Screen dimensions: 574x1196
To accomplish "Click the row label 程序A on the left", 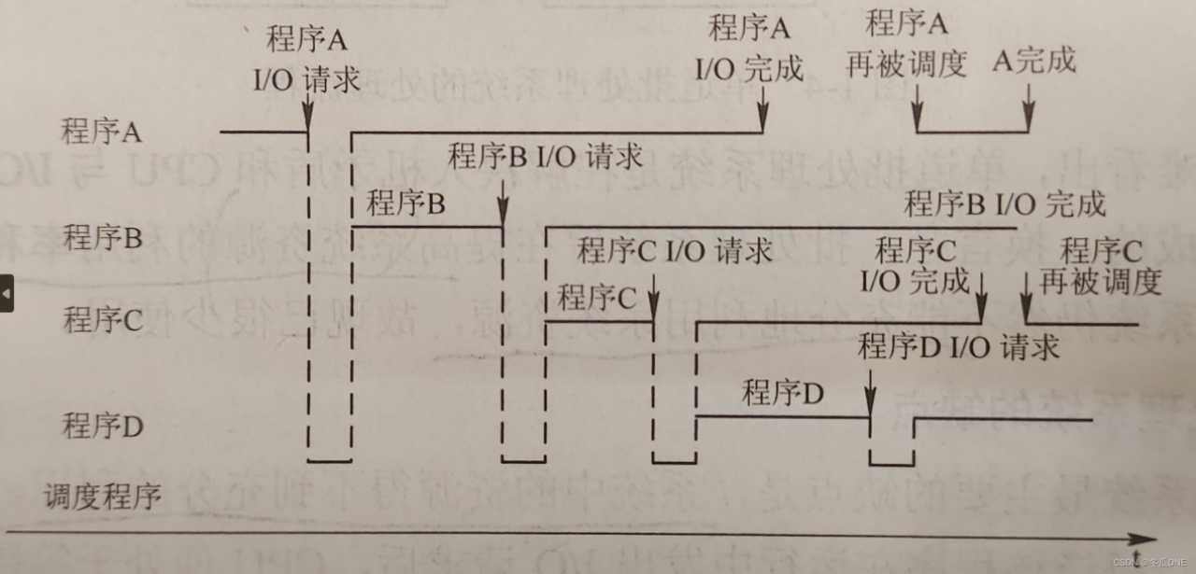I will tap(101, 132).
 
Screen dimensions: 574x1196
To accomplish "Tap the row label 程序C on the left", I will tap(102, 321).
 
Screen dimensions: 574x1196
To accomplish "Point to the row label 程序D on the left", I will tap(102, 427).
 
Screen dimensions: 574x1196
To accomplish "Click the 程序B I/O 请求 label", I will tap(546, 156).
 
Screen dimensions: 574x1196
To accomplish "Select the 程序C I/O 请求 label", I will tap(674, 250).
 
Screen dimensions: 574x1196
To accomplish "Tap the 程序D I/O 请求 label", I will tap(959, 347).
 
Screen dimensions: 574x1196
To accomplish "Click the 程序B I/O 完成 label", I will tap(1004, 203).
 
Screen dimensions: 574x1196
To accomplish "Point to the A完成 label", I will tap(1033, 62).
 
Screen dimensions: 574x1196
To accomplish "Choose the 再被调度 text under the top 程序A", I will tap(905, 63).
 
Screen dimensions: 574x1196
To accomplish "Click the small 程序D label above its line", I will tap(782, 393).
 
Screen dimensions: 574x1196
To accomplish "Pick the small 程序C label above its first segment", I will tap(596, 298).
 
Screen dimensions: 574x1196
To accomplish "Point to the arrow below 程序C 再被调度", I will tap(1026, 301).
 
